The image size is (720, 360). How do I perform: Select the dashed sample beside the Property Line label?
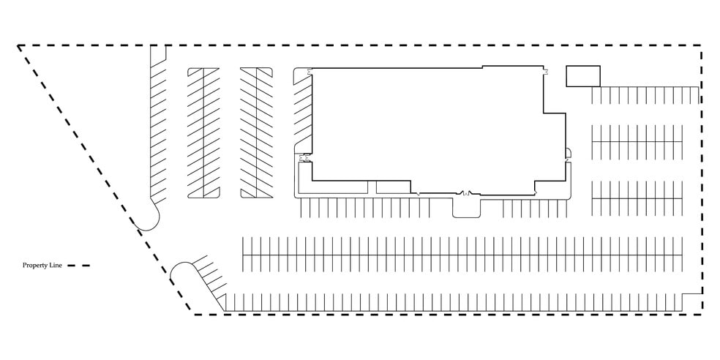tap(78, 266)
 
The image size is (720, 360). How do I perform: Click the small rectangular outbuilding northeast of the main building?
tap(583, 76)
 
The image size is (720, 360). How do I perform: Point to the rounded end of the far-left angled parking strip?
tap(148, 220)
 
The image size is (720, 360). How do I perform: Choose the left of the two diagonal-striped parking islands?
tap(203, 132)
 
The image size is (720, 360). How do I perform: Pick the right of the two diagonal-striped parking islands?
tap(256, 132)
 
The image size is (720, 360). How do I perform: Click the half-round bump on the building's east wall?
tap(569, 152)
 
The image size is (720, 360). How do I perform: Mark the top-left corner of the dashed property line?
tap(18, 45)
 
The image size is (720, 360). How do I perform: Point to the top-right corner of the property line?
tap(701, 45)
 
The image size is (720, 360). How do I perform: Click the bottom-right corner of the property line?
tap(701, 315)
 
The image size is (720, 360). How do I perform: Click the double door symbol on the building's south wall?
tap(466, 193)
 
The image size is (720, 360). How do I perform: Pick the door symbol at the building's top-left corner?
tap(310, 70)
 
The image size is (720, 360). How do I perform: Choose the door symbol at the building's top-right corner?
tap(545, 70)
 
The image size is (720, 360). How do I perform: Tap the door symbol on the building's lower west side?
tap(303, 159)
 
